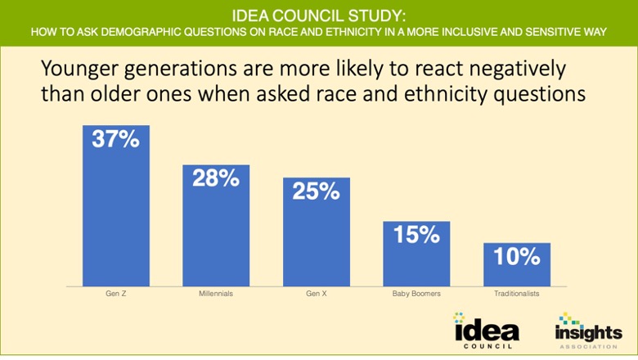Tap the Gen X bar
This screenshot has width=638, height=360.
pos(316,237)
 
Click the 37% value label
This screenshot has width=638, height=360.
pos(115,139)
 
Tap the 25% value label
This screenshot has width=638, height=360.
pos(316,191)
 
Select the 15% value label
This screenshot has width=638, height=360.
pos(416,235)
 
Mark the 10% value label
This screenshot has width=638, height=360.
pos(516,257)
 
